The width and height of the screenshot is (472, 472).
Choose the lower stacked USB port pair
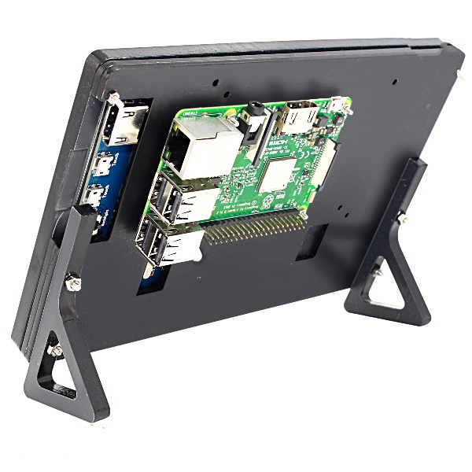click(169, 245)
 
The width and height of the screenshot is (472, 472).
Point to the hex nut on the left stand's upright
click(73, 280)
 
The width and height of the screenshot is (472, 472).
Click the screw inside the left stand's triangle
click(54, 347)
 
